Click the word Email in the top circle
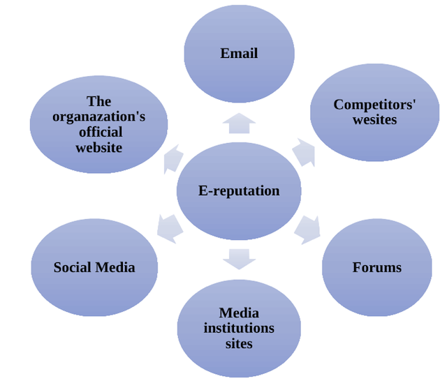tap(239, 54)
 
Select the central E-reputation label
tap(239, 190)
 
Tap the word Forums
tap(377, 267)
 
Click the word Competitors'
tap(375, 105)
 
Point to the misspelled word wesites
tap(375, 119)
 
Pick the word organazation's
tap(99, 117)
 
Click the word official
tap(99, 132)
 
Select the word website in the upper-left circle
tap(99, 147)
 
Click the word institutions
tap(239, 328)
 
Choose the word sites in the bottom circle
tap(239, 343)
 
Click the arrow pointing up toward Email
tap(239, 123)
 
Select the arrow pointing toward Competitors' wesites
tap(303, 151)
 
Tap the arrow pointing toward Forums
tap(307, 228)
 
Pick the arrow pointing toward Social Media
tap(170, 227)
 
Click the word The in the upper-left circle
tap(99, 102)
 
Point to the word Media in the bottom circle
tap(239, 313)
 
